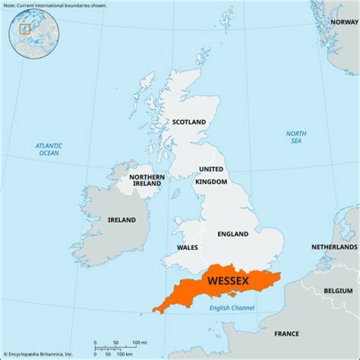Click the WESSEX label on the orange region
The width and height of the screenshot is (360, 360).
point(227,281)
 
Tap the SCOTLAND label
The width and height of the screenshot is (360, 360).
point(188,122)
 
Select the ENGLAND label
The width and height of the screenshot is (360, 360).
point(232,234)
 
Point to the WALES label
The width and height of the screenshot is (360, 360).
point(187,247)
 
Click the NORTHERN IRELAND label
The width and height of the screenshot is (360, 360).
point(147,180)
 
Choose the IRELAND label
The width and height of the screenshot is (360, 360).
point(121,220)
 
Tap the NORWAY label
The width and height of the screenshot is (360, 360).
point(344,22)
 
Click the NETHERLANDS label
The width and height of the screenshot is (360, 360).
point(334,247)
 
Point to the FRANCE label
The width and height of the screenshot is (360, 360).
point(286,333)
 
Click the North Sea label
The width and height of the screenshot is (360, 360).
point(296,137)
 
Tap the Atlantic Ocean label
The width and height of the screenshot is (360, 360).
point(48,149)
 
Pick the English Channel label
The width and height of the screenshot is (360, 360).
point(231,308)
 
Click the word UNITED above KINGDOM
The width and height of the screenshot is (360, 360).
point(211,169)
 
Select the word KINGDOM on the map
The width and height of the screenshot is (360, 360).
point(211,181)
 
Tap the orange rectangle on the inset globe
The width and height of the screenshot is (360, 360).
point(24,29)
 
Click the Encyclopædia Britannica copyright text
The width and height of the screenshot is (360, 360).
point(37,354)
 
